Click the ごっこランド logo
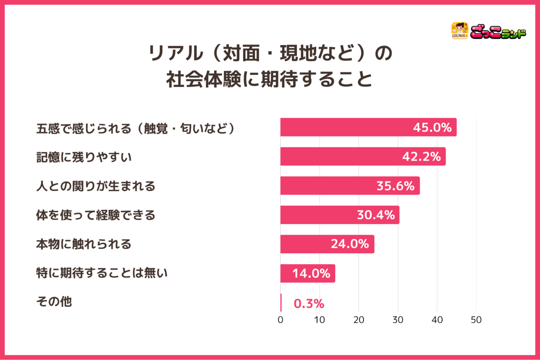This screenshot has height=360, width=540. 488,31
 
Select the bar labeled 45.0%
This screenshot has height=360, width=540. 368,127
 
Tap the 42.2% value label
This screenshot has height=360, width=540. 421,156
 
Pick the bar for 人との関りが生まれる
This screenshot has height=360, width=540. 350,186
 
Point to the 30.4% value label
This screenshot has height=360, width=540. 376,215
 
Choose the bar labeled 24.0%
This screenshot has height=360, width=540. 327,244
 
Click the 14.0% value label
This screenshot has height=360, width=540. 311,273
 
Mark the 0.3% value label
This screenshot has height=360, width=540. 309,303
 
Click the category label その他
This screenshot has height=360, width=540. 54,301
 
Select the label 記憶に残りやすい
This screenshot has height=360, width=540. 84,157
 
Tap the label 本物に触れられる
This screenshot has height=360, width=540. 84,244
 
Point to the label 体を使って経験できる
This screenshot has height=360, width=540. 96,215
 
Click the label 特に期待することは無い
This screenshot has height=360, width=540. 102,273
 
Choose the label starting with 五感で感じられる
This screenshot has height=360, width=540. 135,128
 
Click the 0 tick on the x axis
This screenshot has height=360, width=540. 280,320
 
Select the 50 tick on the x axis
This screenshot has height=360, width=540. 476,320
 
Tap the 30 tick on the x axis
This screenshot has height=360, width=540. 398,320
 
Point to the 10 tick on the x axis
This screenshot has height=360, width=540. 319,320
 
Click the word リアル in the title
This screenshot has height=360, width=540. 176,53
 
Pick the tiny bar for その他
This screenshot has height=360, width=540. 281,303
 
